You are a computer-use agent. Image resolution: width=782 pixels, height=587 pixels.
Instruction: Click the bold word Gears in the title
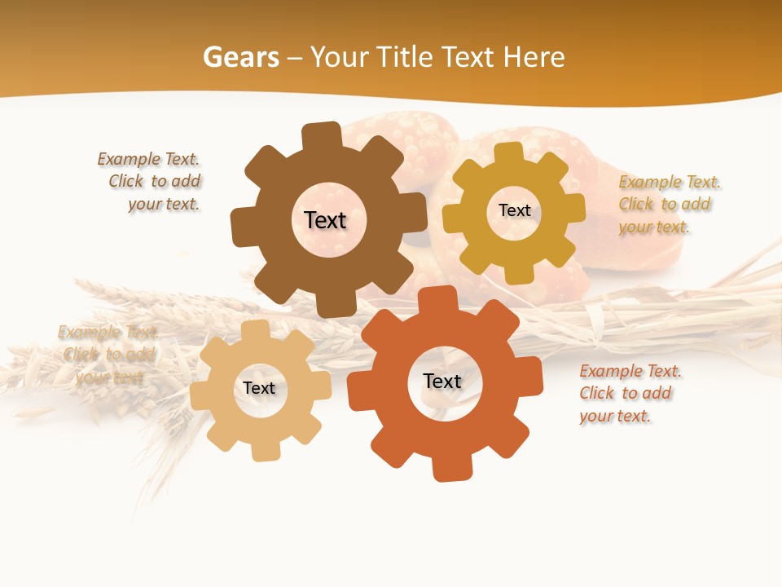[x=240, y=57]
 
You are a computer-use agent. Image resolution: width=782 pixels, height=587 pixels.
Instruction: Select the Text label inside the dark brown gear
[x=325, y=220]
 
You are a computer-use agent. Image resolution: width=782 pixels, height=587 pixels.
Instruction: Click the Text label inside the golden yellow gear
[x=514, y=210]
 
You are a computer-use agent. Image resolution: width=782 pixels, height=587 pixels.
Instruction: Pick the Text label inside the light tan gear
[x=259, y=388]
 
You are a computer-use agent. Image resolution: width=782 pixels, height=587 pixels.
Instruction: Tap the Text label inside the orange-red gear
[x=442, y=381]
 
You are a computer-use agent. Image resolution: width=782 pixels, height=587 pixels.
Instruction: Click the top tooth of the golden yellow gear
[x=508, y=154]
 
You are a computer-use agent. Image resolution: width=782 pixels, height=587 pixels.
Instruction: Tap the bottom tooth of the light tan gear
[x=264, y=449]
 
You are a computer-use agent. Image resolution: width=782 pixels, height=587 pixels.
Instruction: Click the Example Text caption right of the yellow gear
[x=668, y=204]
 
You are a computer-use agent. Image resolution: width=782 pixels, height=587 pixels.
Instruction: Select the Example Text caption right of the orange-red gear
[x=629, y=393]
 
